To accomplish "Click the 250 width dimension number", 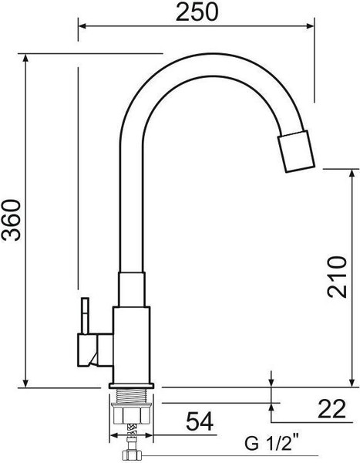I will (x=195, y=12).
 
